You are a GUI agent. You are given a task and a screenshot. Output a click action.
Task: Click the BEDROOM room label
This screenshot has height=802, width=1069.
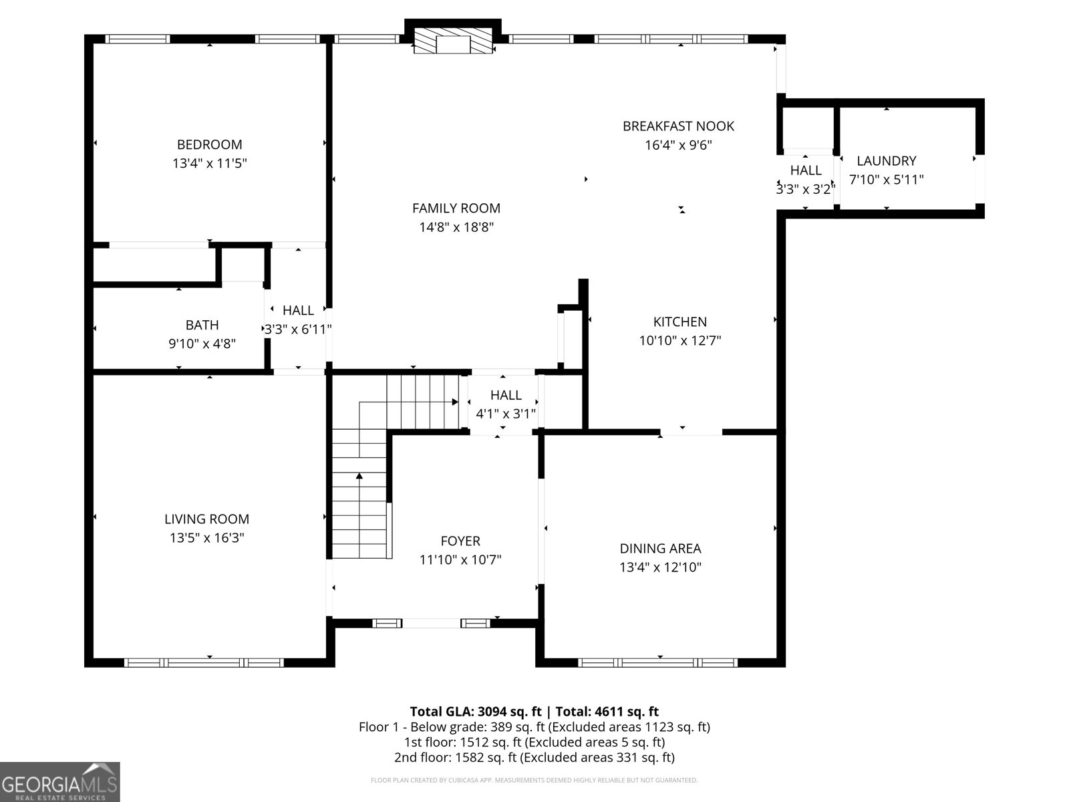pos(209,144)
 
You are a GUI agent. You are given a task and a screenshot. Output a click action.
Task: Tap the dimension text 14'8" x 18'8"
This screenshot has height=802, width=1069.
pos(456,227)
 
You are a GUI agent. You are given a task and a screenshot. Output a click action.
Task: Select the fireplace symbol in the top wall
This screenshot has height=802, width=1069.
pos(454,41)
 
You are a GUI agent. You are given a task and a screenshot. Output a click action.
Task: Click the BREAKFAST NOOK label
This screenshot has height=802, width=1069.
pos(678,126)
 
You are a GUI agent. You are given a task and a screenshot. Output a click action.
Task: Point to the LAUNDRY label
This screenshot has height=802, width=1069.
pos(887,160)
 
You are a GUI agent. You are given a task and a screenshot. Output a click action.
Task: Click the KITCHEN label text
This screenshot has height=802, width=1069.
pos(679,321)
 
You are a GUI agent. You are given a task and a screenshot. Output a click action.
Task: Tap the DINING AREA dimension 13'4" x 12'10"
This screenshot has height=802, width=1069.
pos(660,567)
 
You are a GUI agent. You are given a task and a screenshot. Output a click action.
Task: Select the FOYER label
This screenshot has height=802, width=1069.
pos(460,541)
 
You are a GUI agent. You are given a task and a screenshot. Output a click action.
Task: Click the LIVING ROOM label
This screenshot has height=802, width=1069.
pos(206,519)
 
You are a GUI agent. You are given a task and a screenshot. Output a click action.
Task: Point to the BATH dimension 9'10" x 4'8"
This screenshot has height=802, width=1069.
pos(202,344)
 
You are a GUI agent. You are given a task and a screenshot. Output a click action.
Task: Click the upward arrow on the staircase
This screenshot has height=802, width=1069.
pos(359,477)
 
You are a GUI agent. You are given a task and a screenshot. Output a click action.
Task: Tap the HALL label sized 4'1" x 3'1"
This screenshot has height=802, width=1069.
pos(506,395)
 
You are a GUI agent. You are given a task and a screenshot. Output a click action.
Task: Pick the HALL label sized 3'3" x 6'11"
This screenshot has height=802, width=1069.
pos(298,310)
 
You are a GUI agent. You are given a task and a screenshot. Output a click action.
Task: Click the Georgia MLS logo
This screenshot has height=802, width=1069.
pos(60,782)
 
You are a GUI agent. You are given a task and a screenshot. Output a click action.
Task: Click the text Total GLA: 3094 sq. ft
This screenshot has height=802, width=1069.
pos(475,711)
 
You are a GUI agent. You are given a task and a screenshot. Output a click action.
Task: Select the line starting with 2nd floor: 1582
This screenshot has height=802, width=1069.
pos(534,757)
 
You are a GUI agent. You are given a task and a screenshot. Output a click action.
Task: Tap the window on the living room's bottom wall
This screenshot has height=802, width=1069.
pos(204,663)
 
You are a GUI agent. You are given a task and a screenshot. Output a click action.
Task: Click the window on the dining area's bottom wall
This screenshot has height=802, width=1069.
pos(657,663)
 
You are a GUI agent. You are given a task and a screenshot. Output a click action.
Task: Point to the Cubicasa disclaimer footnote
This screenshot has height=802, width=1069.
pos(534,780)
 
